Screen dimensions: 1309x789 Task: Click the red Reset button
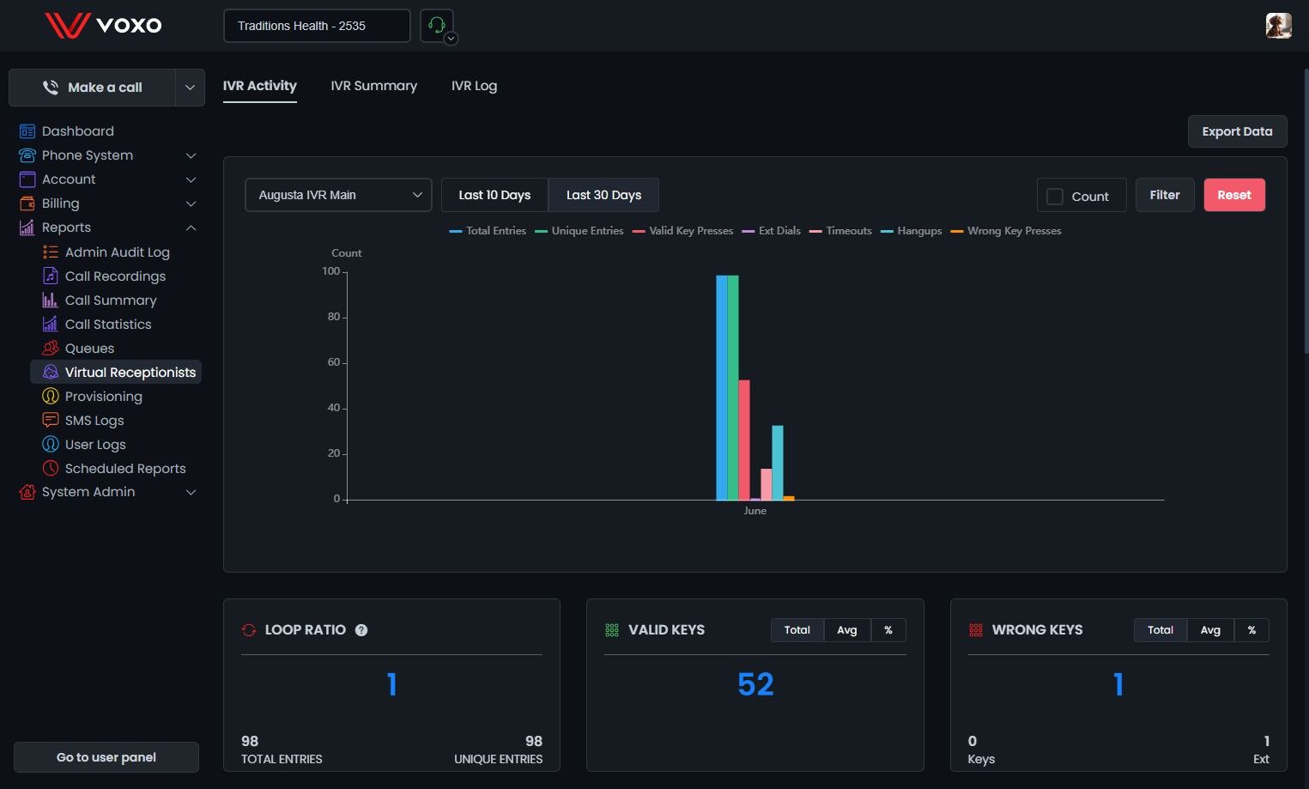pyautogui.click(x=1234, y=195)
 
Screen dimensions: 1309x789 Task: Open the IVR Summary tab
pyautogui.click(x=374, y=86)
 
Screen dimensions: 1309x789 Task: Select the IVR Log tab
pyautogui.click(x=474, y=86)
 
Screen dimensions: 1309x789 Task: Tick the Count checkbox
pyautogui.click(x=1055, y=197)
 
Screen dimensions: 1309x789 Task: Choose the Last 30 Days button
pyautogui.click(x=603, y=195)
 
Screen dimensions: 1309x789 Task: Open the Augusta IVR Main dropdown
pyautogui.click(x=338, y=195)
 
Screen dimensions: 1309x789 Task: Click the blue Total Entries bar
pyautogui.click(x=722, y=387)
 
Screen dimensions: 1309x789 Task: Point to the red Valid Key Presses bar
pyautogui.click(x=744, y=440)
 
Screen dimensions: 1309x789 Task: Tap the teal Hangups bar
pyautogui.click(x=777, y=463)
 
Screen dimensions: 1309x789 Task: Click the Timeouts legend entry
pyautogui.click(x=840, y=231)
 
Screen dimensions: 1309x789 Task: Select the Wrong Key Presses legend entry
pyautogui.click(x=1006, y=231)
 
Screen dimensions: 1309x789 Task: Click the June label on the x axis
pyautogui.click(x=755, y=511)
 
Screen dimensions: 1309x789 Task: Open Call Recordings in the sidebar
pyautogui.click(x=115, y=276)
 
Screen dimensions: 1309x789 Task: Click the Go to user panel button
pyautogui.click(x=106, y=757)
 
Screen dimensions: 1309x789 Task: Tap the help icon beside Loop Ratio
pyautogui.click(x=361, y=630)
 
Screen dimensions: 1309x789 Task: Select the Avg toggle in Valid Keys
pyautogui.click(x=846, y=630)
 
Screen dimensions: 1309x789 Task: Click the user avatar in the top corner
pyautogui.click(x=1279, y=26)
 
